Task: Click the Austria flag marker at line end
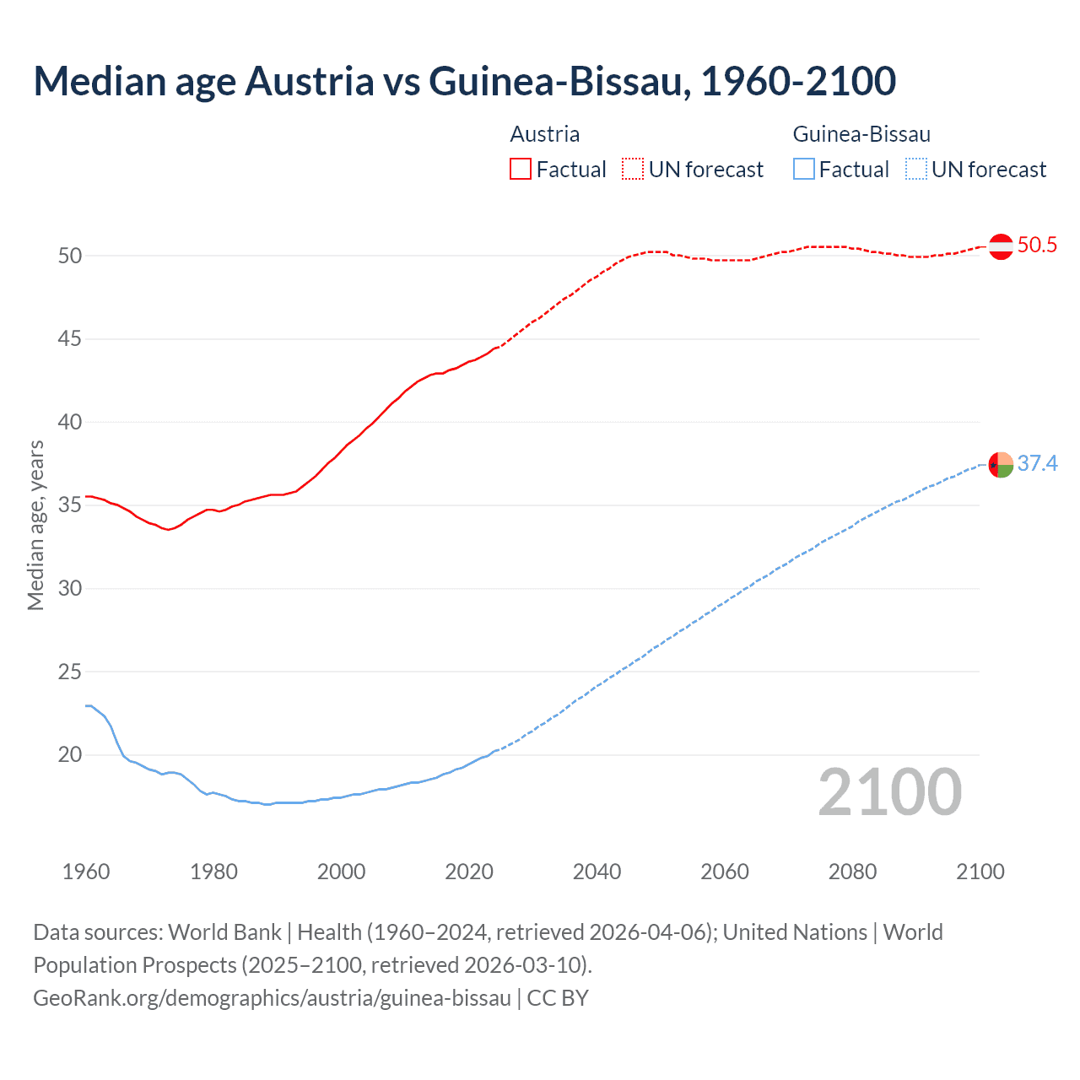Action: click(x=1001, y=246)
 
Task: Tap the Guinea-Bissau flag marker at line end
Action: click(x=1001, y=465)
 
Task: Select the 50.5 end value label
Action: click(x=1037, y=246)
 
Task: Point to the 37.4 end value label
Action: click(x=1037, y=464)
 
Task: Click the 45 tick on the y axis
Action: click(x=70, y=339)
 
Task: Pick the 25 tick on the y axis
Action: click(x=70, y=672)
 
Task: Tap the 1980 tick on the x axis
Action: click(x=213, y=872)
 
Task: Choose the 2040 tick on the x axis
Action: click(x=597, y=872)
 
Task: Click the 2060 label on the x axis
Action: click(x=725, y=872)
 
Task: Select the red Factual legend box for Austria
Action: click(x=521, y=170)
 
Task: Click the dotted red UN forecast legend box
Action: click(x=633, y=170)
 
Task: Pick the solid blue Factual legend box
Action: click(x=804, y=170)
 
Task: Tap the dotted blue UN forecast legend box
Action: click(x=916, y=170)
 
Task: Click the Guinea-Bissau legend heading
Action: click(x=861, y=134)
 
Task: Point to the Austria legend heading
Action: click(x=545, y=134)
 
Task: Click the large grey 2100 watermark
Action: click(x=890, y=792)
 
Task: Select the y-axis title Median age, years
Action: click(x=35, y=525)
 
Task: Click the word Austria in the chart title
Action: click(x=309, y=81)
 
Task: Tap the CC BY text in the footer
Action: click(x=558, y=998)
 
